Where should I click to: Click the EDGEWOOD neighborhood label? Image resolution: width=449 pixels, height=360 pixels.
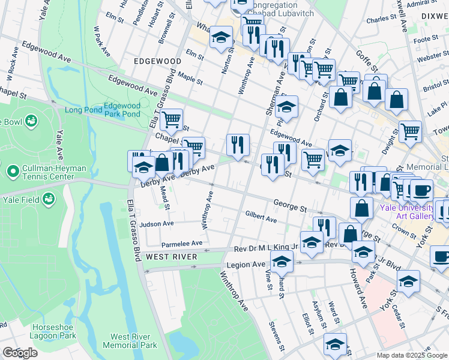pyautogui.click(x=158, y=62)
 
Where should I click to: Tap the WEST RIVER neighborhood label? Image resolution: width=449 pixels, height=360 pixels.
pyautogui.click(x=171, y=257)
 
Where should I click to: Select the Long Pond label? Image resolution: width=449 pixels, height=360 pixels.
pyautogui.click(x=80, y=110)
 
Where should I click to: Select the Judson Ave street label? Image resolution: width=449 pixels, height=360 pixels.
pyautogui.click(x=156, y=224)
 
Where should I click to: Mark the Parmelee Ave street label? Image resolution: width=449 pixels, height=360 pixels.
pyautogui.click(x=182, y=244)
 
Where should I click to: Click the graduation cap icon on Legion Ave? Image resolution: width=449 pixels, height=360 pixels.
pyautogui.click(x=282, y=261)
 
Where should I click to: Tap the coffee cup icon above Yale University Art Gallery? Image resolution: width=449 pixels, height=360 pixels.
pyautogui.click(x=421, y=190)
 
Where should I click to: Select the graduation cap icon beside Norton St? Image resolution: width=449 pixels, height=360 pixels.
pyautogui.click(x=221, y=38)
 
